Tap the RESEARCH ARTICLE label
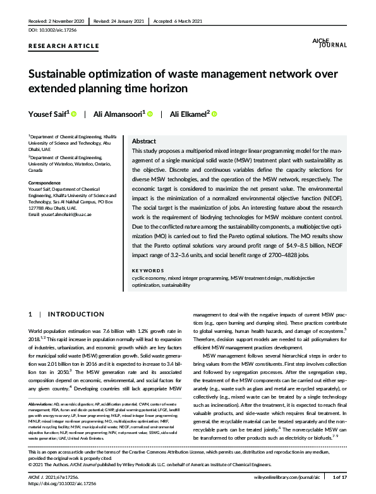pos(63,46)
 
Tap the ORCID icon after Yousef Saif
pos(74,114)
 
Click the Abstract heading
pos(144,142)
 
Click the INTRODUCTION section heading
pos(76,314)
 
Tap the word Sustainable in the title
pos(59,73)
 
